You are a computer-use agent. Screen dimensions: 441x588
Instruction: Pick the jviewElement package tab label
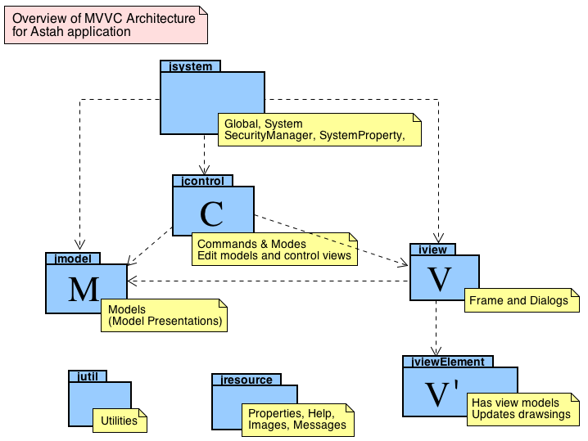(449, 362)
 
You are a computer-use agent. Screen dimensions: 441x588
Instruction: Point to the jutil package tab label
(88, 376)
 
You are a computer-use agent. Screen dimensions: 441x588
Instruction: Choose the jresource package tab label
(247, 379)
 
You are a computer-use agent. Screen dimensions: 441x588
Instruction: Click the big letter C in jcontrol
(211, 214)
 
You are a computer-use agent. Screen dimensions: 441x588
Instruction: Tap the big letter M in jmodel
(84, 290)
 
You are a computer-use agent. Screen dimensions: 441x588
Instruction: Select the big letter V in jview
(440, 281)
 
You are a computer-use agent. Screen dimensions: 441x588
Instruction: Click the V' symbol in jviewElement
(443, 394)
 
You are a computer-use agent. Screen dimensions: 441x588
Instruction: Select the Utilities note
(119, 421)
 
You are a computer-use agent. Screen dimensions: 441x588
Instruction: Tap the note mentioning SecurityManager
(319, 128)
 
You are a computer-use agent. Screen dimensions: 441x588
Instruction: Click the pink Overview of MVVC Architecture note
(105, 25)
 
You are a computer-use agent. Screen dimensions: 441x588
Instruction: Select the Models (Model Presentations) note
(164, 315)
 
